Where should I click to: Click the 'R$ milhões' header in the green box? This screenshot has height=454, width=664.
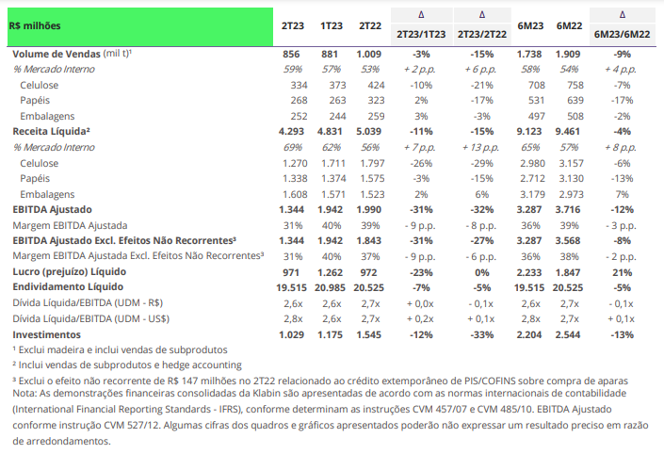point(35,25)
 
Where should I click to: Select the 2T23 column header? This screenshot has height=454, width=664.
point(293,25)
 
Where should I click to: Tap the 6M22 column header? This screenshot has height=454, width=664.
point(569,25)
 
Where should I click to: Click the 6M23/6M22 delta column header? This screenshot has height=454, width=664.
point(622,34)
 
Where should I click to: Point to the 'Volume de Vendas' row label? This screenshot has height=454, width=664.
point(57,55)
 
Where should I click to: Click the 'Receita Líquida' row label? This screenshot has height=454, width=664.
point(51,131)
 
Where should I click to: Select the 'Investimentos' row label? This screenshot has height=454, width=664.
point(46,334)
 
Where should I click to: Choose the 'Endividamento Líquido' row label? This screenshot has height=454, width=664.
point(68,287)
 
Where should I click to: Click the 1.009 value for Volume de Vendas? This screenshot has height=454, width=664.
point(368,55)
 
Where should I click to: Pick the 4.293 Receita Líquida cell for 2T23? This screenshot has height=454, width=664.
point(291,131)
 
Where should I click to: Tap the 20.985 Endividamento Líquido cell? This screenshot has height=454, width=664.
point(330,287)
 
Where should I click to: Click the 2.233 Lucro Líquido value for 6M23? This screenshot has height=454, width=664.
point(529,272)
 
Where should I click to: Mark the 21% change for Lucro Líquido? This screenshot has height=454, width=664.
point(622,272)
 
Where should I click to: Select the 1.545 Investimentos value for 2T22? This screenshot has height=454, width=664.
point(368,334)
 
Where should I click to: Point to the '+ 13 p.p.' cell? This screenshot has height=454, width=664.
point(480,147)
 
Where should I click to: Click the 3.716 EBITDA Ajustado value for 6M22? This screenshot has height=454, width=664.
point(567,210)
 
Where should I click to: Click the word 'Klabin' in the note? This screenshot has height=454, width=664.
point(265,393)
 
